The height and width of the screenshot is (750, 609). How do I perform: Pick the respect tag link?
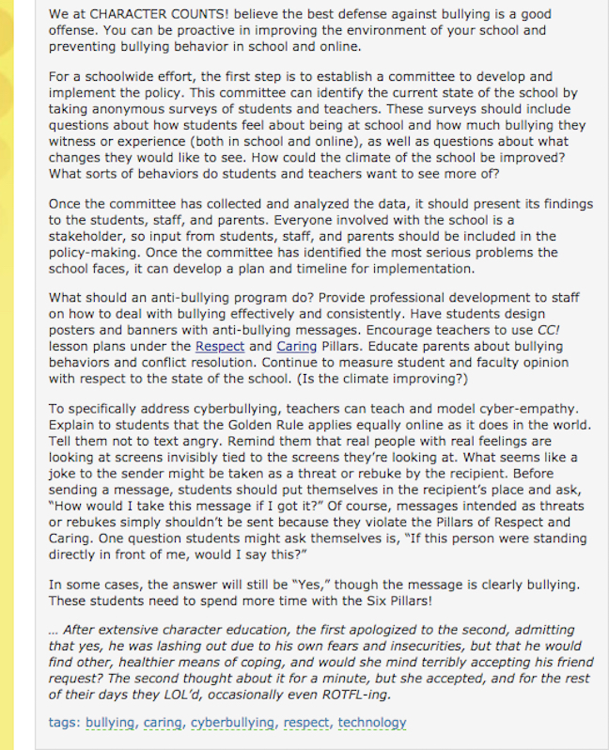tap(307, 723)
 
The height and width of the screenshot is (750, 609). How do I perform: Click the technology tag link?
tap(372, 723)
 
